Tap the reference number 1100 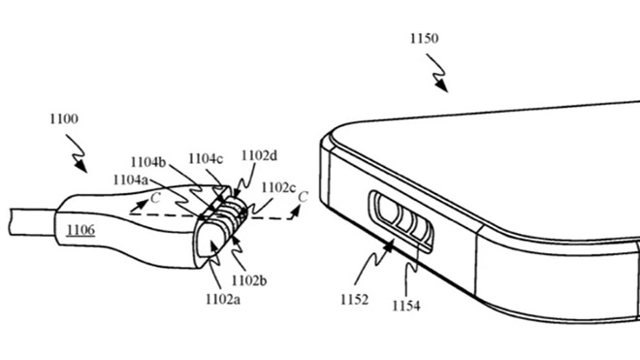click(63, 118)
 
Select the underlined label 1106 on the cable click(80, 230)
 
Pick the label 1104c click(206, 157)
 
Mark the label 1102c click(280, 187)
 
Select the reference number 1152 click(354, 300)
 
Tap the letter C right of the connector click(303, 198)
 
